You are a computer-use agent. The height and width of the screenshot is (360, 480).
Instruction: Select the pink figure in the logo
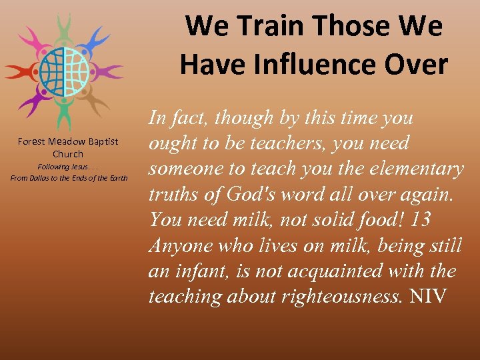[x=30, y=40]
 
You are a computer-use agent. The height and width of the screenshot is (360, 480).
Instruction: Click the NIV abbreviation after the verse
[x=428, y=296]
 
